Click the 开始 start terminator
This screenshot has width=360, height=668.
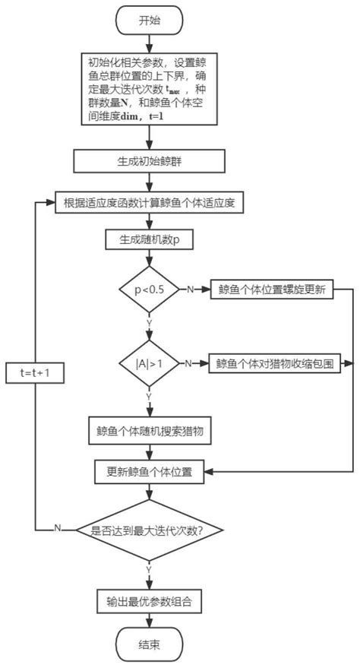click(x=150, y=21)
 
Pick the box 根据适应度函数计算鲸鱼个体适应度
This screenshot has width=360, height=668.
click(x=150, y=202)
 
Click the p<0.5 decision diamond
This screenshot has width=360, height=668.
click(x=149, y=290)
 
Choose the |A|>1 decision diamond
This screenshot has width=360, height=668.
click(x=149, y=364)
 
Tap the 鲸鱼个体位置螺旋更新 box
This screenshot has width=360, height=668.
click(x=273, y=290)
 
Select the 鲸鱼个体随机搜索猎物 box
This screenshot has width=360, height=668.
click(x=150, y=430)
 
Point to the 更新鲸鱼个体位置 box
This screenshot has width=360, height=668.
click(x=150, y=471)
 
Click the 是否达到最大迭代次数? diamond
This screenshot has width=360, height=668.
click(x=150, y=530)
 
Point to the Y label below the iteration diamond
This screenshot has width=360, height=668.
click(x=149, y=568)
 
